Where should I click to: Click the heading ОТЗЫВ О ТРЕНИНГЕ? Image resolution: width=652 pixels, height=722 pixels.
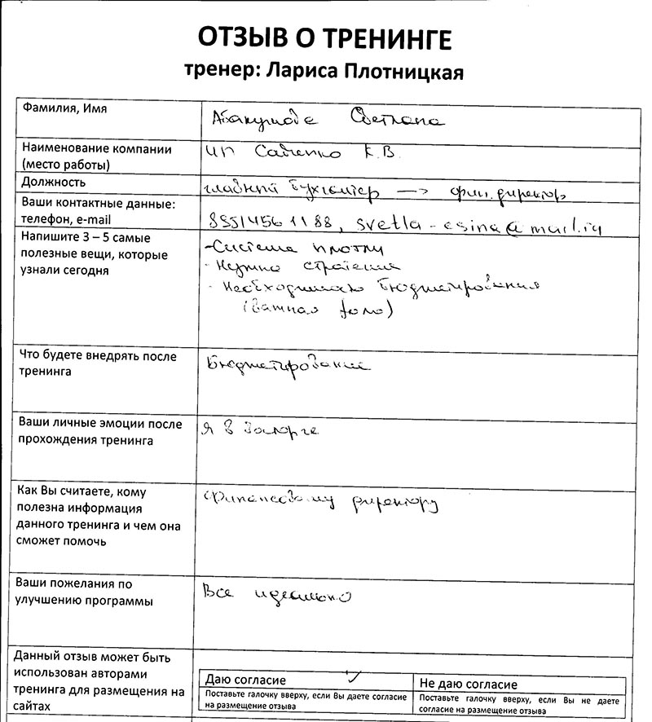(324, 38)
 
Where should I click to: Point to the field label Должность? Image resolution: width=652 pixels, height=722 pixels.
(54, 182)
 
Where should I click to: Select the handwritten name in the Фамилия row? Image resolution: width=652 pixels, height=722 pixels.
(327, 119)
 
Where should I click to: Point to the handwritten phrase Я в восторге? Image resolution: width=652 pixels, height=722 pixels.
(258, 429)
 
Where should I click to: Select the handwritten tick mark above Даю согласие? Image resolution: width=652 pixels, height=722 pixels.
(353, 676)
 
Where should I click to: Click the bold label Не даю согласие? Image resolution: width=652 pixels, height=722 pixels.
(468, 684)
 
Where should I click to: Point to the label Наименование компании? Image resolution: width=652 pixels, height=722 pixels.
(96, 149)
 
